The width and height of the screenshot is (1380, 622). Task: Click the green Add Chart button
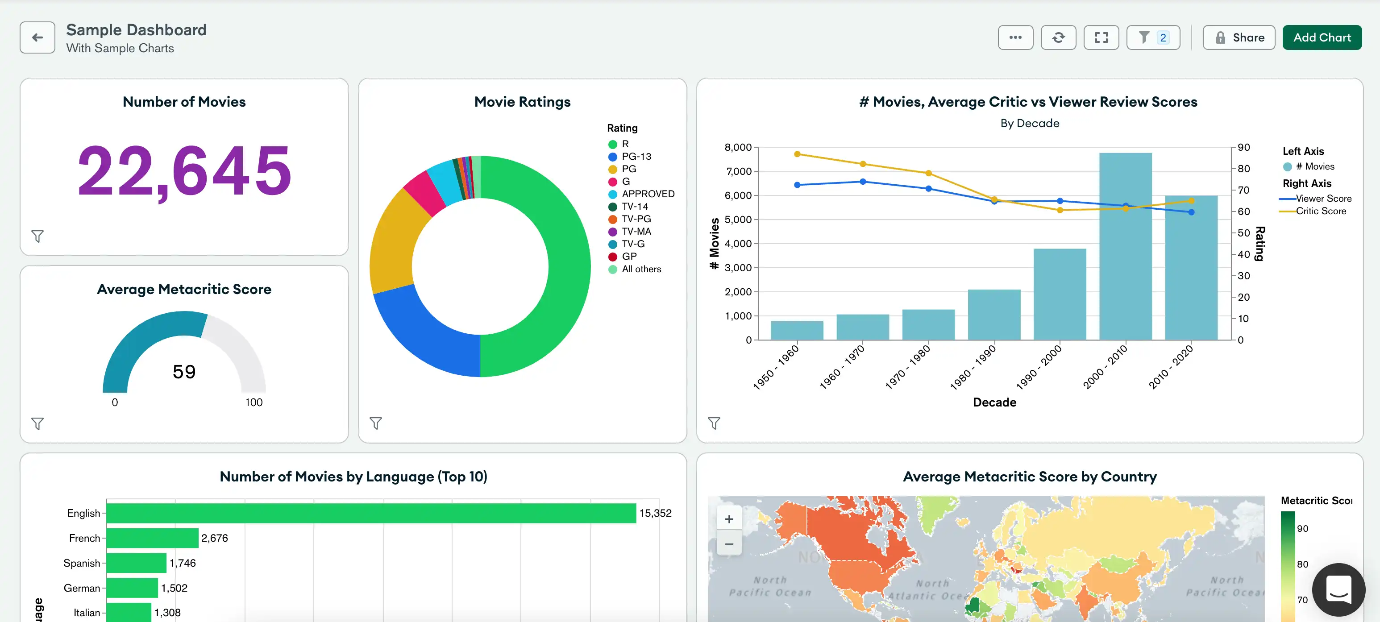[1322, 37]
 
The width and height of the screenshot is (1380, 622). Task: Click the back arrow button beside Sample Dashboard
[37, 37]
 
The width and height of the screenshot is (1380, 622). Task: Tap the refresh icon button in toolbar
[1058, 37]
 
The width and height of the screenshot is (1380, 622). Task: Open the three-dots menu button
[1015, 37]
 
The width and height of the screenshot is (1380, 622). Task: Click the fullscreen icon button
[1101, 37]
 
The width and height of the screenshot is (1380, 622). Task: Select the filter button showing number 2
[1153, 37]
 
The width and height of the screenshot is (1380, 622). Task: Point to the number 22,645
[184, 171]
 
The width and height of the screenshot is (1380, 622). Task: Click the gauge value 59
[184, 372]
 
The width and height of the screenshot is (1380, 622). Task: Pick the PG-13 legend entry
[636, 157]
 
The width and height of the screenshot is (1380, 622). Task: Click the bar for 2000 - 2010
[1125, 246]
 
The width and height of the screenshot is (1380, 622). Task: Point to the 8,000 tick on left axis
[738, 147]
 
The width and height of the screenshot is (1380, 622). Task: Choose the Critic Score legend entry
[1320, 211]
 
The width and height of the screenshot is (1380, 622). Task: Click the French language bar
[153, 538]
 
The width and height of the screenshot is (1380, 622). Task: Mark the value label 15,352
[655, 513]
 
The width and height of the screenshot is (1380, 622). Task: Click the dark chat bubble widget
[1338, 589]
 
